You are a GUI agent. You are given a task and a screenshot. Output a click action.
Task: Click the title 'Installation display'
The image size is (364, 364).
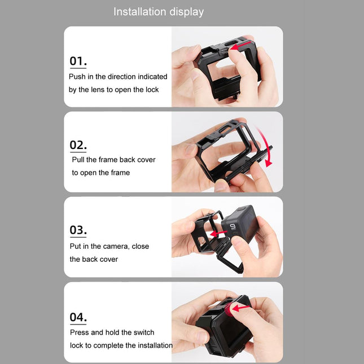click(159, 12)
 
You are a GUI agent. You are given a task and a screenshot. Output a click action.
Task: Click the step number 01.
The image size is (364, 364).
click(78, 62)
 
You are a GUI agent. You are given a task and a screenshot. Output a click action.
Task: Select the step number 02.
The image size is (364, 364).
click(78, 145)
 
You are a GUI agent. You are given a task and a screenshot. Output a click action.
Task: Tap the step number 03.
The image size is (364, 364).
click(78, 230)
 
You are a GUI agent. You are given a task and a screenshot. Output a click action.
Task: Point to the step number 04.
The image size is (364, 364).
click(78, 317)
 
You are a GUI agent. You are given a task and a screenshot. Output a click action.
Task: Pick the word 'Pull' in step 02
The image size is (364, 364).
click(79, 160)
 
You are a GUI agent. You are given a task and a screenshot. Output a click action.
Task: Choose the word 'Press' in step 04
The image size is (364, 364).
click(79, 332)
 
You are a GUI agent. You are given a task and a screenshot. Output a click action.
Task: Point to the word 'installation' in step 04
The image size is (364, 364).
click(154, 345)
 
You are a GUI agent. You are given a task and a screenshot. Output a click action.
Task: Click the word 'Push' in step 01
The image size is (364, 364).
click(78, 76)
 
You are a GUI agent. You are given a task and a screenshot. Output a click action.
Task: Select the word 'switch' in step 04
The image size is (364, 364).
click(143, 332)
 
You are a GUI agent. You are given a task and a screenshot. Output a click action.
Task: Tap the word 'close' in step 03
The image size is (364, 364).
click(140, 246)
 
